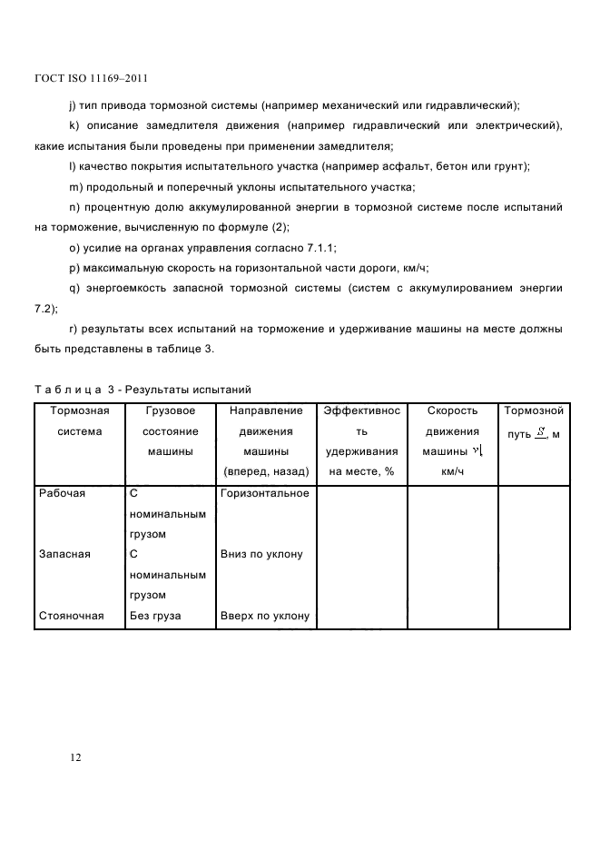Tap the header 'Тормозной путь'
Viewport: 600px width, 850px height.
click(x=534, y=422)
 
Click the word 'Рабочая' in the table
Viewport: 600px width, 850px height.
click(x=62, y=493)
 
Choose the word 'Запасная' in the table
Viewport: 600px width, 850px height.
click(x=64, y=554)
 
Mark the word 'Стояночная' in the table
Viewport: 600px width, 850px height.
click(x=71, y=616)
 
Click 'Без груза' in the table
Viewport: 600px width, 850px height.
click(x=155, y=616)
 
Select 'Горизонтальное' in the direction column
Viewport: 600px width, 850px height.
click(x=264, y=493)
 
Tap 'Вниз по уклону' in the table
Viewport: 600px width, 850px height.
click(x=261, y=554)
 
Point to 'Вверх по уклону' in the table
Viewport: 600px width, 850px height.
click(x=264, y=616)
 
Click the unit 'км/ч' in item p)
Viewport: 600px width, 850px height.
click(x=416, y=268)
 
